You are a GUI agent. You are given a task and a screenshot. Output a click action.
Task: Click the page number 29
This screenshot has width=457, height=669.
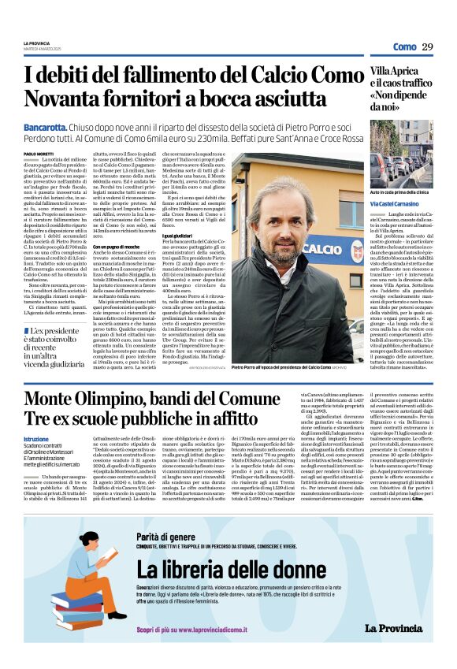(427, 47)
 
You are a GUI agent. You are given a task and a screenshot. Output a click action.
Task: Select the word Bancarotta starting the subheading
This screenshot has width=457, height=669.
(45, 127)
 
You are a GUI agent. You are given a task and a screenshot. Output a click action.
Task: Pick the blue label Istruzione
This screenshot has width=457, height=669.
(36, 439)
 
